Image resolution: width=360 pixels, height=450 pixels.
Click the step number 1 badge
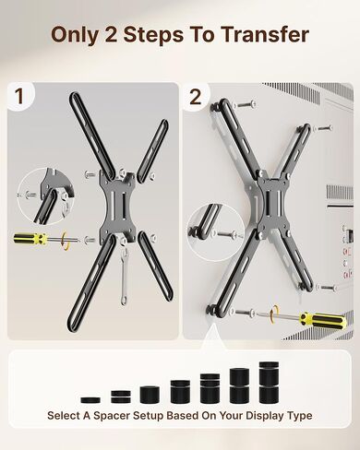19,95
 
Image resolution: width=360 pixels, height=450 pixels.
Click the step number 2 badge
196,96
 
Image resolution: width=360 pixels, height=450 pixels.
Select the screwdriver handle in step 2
330,320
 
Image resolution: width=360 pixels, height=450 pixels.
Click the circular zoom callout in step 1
43,194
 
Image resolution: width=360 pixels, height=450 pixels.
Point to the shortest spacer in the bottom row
90,399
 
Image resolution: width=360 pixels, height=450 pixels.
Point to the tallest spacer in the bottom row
269,381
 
